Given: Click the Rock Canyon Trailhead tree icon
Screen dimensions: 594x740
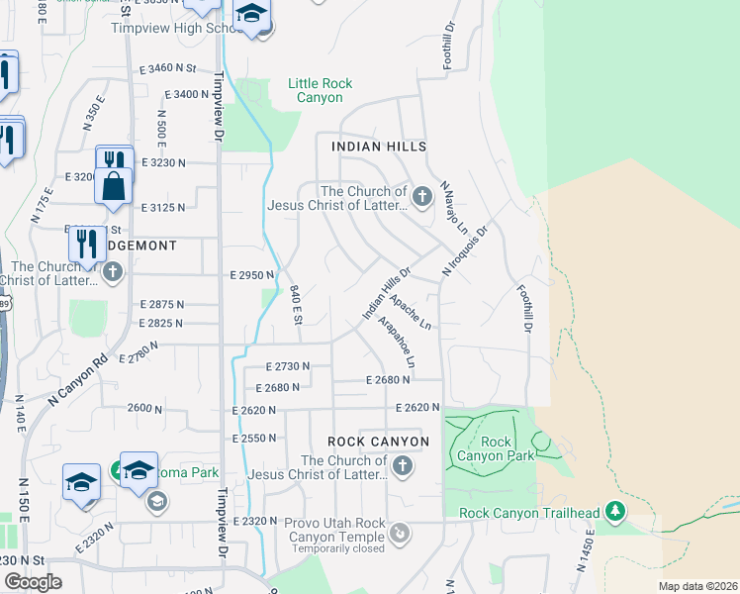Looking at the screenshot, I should pyautogui.click(x=616, y=511).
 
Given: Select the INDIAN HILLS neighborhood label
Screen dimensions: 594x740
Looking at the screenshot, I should pyautogui.click(x=371, y=146).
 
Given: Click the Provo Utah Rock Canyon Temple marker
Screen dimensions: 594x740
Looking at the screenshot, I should pyautogui.click(x=401, y=536).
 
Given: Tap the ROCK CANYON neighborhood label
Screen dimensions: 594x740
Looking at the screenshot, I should pyautogui.click(x=379, y=441).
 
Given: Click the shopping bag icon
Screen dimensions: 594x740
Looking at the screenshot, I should pyautogui.click(x=114, y=185).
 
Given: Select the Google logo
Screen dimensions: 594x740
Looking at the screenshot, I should pyautogui.click(x=33, y=581).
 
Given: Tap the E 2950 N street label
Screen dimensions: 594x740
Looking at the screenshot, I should pyautogui.click(x=250, y=275).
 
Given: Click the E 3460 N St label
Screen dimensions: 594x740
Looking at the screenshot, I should pyautogui.click(x=168, y=68).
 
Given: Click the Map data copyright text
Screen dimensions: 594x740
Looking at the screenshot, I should pyautogui.click(x=696, y=586).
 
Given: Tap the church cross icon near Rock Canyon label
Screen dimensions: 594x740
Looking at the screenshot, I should pyautogui.click(x=402, y=466).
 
